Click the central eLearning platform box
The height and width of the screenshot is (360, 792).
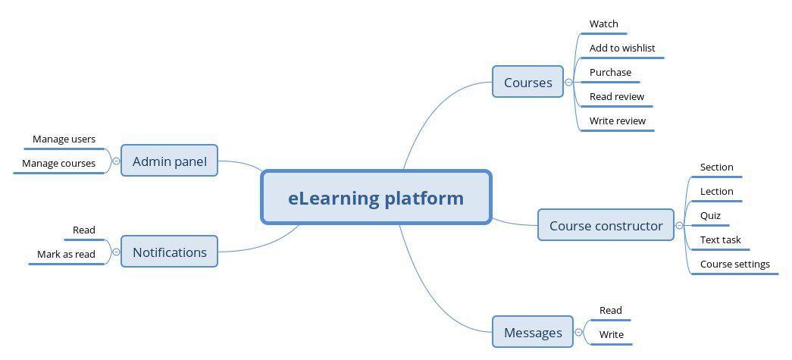tap(376, 197)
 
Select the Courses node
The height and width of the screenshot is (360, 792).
tap(527, 82)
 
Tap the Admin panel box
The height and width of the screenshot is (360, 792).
tap(169, 161)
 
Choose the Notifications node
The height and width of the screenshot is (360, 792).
tap(169, 252)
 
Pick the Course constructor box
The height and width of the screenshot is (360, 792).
tap(606, 225)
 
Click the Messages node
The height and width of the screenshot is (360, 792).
tap(533, 332)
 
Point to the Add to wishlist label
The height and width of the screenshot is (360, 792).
tap(622, 48)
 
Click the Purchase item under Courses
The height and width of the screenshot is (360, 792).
tap(610, 72)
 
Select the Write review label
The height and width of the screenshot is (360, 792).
tap(618, 121)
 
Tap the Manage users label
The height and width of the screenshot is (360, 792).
tap(64, 139)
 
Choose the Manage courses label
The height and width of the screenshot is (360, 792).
tap(58, 163)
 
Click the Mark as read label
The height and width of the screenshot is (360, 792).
tap(66, 254)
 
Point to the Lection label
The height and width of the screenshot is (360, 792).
tap(717, 191)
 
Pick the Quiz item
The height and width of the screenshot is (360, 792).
tap(710, 215)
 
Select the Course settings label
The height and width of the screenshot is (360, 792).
tap(735, 264)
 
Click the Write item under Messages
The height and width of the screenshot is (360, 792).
tap(612, 334)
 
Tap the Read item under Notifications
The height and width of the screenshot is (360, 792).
tap(84, 230)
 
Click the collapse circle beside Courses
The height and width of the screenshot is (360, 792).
tap(568, 82)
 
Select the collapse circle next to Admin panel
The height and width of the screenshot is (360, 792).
tap(116, 161)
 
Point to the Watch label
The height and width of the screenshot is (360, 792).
tap(603, 23)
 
